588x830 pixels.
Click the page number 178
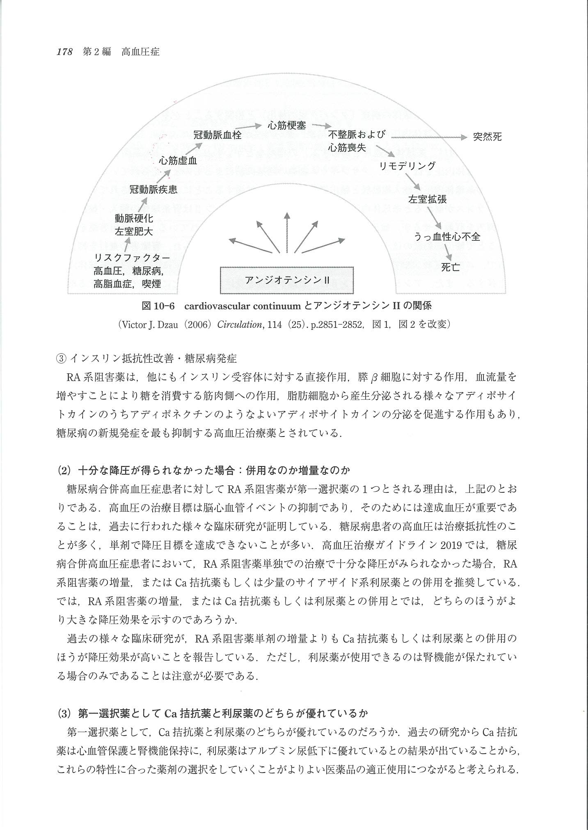pyautogui.click(x=64, y=52)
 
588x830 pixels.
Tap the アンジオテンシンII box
pyautogui.click(x=287, y=280)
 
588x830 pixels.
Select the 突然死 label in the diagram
pyautogui.click(x=487, y=137)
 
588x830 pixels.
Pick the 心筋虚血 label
pyautogui.click(x=178, y=160)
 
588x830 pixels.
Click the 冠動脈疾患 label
pyautogui.click(x=153, y=189)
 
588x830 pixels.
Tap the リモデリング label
pyautogui.click(x=407, y=166)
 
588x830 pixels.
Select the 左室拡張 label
pyautogui.click(x=427, y=200)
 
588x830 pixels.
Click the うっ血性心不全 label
pyautogui.click(x=447, y=237)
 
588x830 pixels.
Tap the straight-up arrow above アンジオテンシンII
pyautogui.click(x=287, y=232)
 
